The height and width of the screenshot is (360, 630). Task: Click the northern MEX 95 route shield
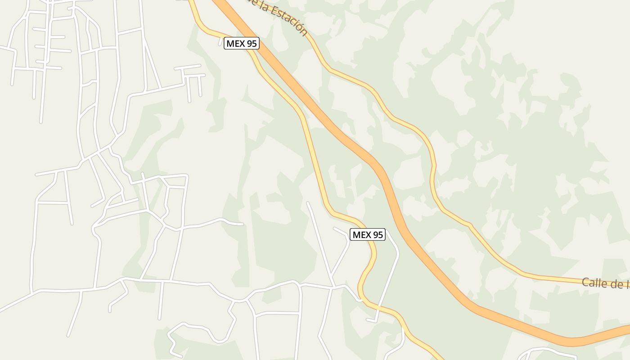242,44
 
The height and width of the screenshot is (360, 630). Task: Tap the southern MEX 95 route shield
368,234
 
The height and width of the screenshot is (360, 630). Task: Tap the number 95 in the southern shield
378,234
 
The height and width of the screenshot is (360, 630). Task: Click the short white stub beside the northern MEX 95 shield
221,42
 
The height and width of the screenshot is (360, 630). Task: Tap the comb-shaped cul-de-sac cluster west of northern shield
191,79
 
